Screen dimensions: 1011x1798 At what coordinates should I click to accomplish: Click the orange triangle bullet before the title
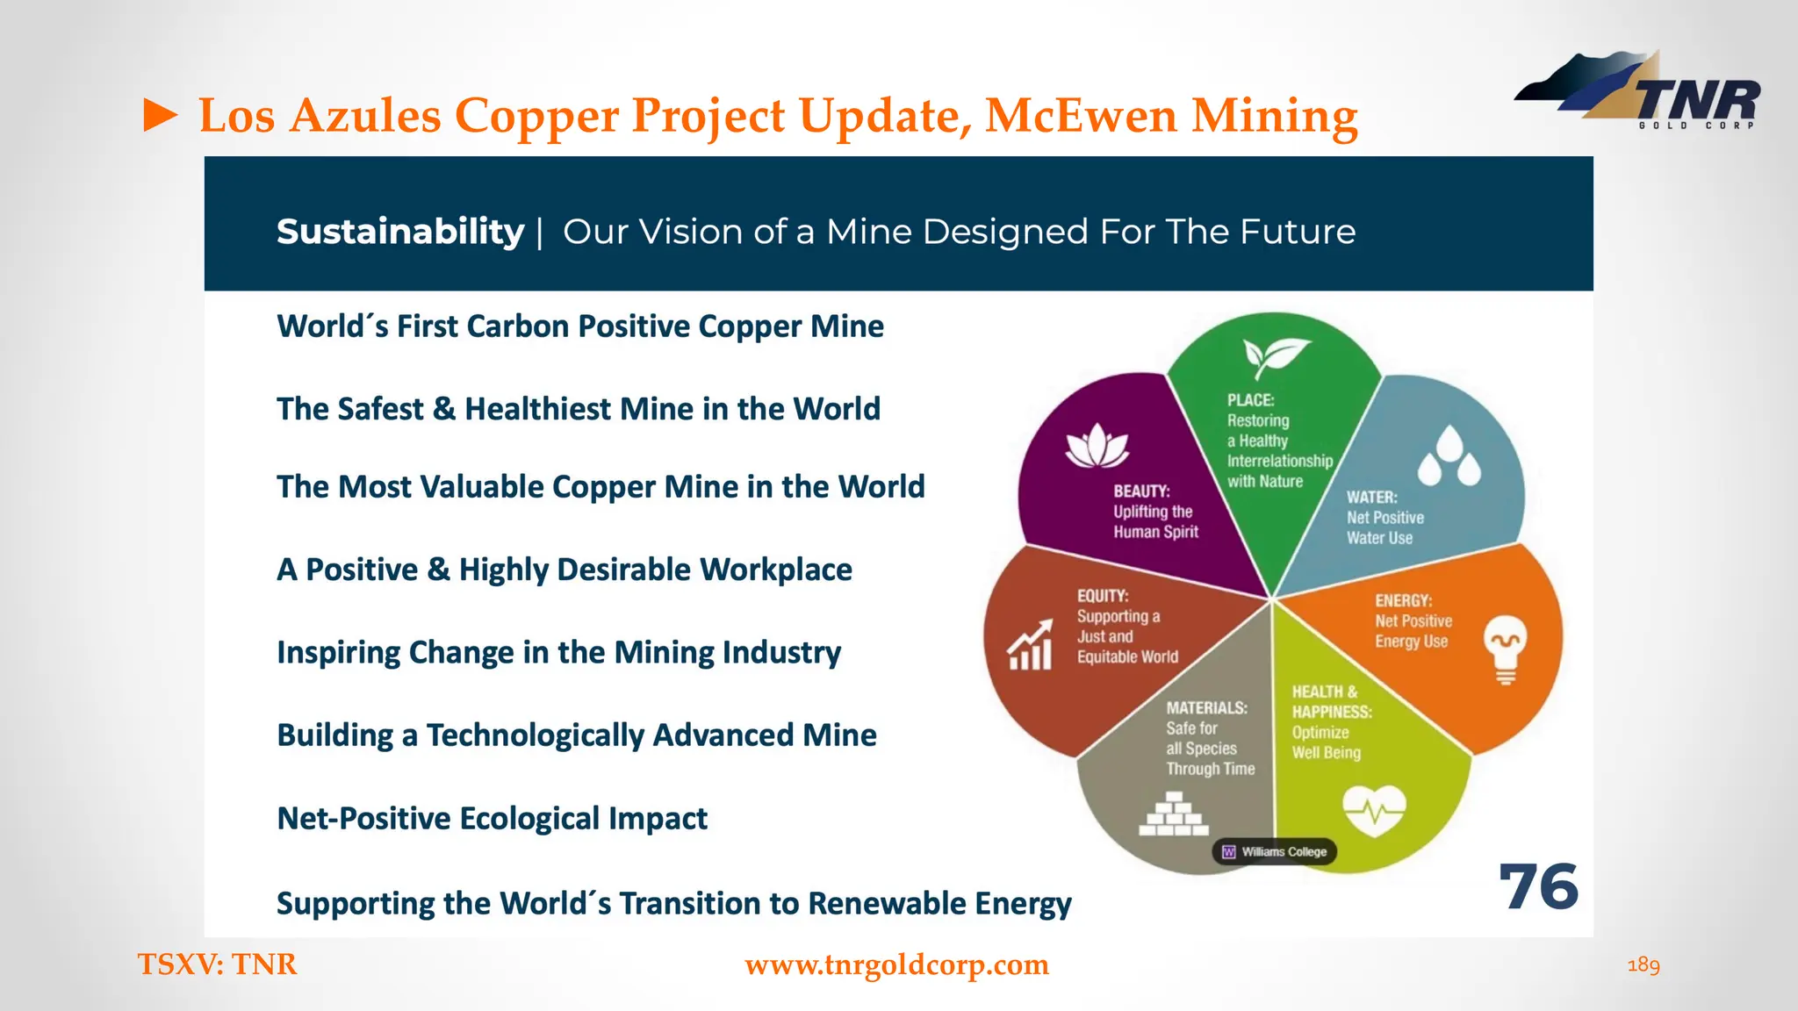[x=160, y=116]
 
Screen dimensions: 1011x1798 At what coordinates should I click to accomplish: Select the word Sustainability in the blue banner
[x=400, y=232]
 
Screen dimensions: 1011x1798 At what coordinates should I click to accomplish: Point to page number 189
[x=1643, y=965]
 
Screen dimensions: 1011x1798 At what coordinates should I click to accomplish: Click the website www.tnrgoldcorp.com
[x=896, y=964]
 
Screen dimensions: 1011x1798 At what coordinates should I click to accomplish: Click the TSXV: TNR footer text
[x=217, y=964]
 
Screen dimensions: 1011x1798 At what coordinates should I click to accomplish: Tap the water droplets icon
[x=1449, y=457]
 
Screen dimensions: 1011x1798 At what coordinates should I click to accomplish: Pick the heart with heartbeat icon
[x=1374, y=810]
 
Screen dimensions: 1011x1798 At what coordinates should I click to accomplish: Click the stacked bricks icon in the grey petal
[x=1174, y=814]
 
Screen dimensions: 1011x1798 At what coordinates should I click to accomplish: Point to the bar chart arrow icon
[x=1030, y=645]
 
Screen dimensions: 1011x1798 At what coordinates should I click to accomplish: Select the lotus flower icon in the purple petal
[x=1097, y=446]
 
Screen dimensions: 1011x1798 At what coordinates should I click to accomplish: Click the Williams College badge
[x=1275, y=851]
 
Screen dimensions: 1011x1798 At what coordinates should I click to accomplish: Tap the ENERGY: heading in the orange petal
[x=1403, y=601]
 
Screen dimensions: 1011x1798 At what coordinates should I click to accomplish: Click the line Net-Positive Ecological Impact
[x=492, y=819]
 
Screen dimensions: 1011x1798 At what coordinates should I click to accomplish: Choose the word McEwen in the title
[x=1080, y=116]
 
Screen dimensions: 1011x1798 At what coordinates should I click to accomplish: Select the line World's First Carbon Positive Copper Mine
[x=579, y=326]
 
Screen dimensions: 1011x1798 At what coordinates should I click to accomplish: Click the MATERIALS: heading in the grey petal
[x=1206, y=708]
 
